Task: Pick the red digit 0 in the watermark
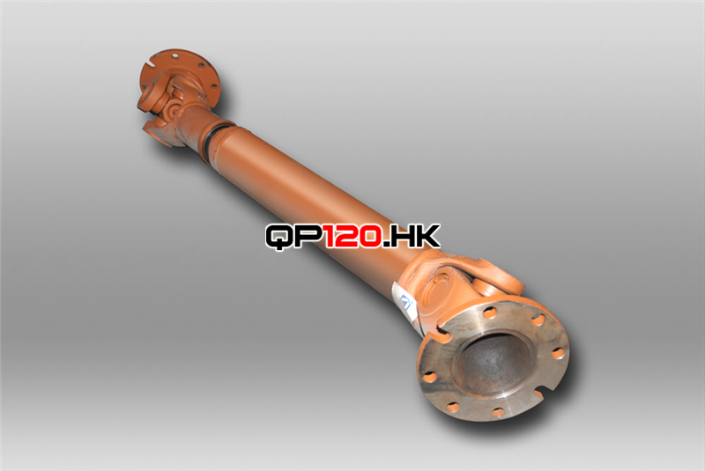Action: click(x=370, y=236)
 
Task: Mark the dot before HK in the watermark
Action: click(x=386, y=244)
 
